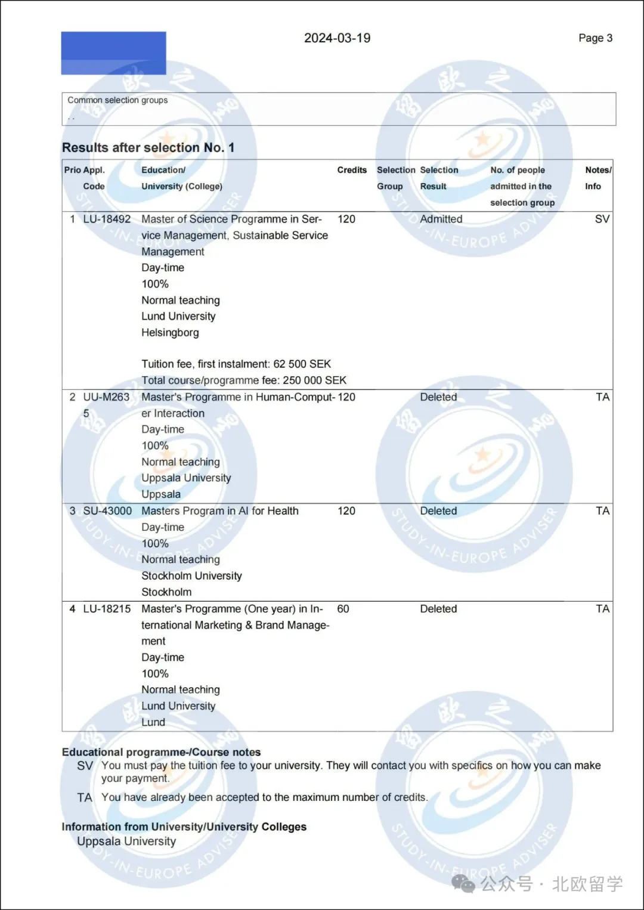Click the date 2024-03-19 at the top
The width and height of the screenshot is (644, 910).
click(x=337, y=38)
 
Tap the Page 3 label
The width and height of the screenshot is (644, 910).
click(x=595, y=38)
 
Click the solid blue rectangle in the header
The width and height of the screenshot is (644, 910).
click(x=113, y=53)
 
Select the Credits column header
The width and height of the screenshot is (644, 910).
click(x=352, y=170)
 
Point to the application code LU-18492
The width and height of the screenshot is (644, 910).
click(x=107, y=219)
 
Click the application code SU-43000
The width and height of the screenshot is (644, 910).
click(x=107, y=511)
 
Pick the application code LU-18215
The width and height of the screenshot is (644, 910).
click(x=107, y=609)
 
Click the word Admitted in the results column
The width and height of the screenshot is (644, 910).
click(x=441, y=219)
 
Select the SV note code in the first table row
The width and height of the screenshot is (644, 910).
click(x=602, y=219)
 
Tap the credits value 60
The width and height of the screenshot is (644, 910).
click(x=343, y=609)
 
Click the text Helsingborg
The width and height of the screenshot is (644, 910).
click(x=170, y=333)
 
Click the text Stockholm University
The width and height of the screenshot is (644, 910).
click(x=191, y=576)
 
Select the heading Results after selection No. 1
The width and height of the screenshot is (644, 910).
click(x=148, y=148)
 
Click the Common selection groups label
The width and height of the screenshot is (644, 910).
click(x=117, y=100)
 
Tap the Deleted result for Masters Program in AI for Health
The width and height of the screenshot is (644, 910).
click(x=438, y=511)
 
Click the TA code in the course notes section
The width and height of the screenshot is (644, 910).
click(x=85, y=798)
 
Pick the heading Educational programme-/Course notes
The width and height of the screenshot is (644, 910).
click(x=161, y=752)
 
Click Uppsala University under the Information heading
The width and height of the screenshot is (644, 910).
click(x=126, y=841)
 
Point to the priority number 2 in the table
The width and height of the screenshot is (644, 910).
click(x=72, y=397)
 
